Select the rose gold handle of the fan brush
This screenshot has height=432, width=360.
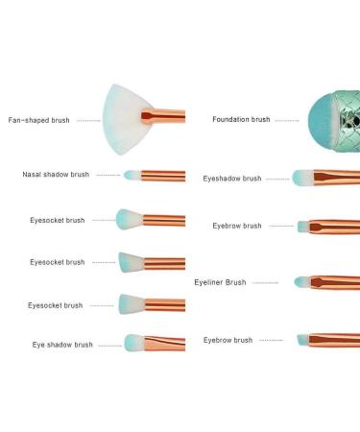[x=165, y=117]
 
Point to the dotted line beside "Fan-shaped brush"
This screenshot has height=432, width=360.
[x=87, y=121]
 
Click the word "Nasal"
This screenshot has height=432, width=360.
[x=33, y=175]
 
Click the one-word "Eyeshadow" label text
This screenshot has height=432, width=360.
[x=222, y=179]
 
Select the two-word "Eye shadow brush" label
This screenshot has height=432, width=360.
[x=62, y=345]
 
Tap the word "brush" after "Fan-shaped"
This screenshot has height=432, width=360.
[x=60, y=120]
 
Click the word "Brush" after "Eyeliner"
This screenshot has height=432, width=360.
[x=236, y=283]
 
